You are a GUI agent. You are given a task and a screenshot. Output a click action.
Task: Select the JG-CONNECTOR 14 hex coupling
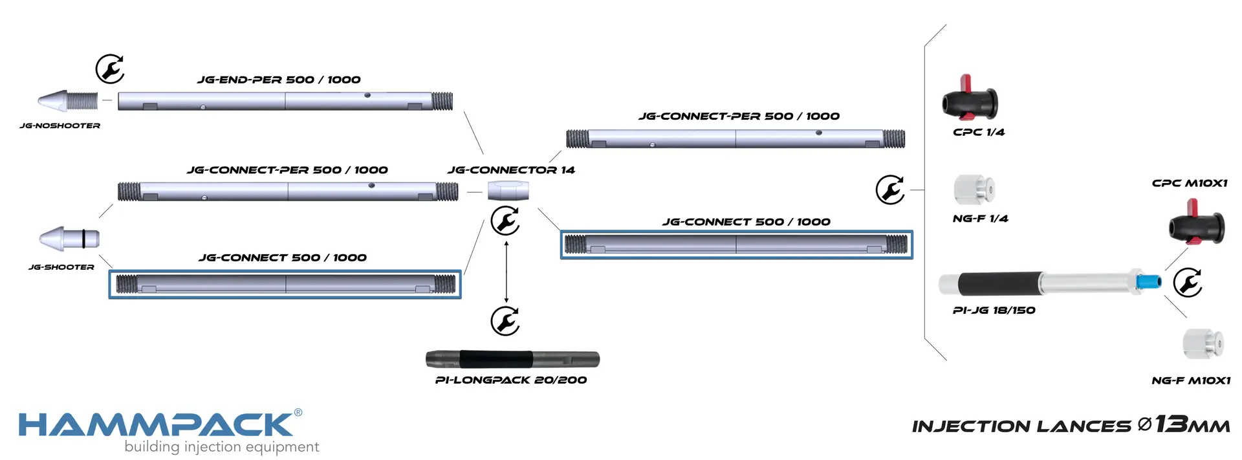508,191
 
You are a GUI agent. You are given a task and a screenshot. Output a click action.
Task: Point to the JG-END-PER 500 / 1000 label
279,80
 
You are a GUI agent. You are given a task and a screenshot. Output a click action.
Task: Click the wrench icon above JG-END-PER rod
110,69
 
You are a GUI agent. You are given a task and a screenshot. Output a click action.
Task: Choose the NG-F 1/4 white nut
974,190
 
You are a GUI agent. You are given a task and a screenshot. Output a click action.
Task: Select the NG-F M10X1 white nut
1203,344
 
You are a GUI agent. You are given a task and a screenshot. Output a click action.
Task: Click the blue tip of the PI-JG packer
1149,281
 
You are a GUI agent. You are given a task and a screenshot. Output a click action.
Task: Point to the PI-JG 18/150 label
994,311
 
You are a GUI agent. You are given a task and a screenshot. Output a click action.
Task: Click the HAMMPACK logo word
155,425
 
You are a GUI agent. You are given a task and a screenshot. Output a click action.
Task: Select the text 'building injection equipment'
221,447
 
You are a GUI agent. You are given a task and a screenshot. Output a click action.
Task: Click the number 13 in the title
1171,424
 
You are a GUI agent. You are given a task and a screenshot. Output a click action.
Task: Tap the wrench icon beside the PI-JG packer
1188,283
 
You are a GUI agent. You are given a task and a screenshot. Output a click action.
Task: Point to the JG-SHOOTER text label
61,267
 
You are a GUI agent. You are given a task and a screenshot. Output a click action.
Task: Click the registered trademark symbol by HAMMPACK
298,412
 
